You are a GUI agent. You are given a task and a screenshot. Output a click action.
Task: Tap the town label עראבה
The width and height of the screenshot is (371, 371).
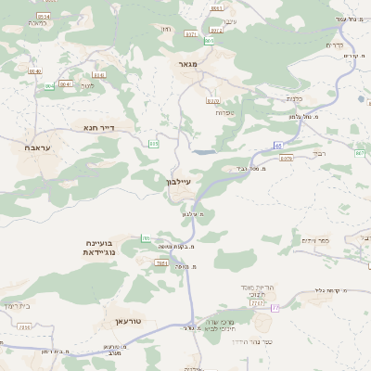(36, 148)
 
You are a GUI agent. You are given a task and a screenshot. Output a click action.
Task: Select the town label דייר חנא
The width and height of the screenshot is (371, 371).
(97, 127)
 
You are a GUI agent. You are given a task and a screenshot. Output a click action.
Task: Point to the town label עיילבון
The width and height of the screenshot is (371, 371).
(175, 183)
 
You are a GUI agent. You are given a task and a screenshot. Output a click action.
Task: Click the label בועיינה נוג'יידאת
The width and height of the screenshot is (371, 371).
(99, 248)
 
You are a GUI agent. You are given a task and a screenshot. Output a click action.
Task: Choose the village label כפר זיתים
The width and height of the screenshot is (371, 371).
(314, 240)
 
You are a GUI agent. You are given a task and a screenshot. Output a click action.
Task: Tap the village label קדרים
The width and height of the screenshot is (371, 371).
(336, 45)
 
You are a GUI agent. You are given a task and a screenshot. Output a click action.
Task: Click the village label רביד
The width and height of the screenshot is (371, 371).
(319, 153)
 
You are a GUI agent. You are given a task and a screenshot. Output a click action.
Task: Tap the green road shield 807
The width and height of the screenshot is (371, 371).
(359, 153)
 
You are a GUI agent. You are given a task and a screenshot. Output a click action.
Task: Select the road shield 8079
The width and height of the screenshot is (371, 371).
(286, 158)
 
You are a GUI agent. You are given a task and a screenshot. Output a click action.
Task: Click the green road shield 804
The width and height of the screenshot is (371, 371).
(49, 85)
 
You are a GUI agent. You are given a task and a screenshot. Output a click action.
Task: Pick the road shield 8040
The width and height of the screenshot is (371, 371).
(66, 83)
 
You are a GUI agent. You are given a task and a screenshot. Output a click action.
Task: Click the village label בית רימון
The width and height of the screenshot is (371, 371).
(19, 305)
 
